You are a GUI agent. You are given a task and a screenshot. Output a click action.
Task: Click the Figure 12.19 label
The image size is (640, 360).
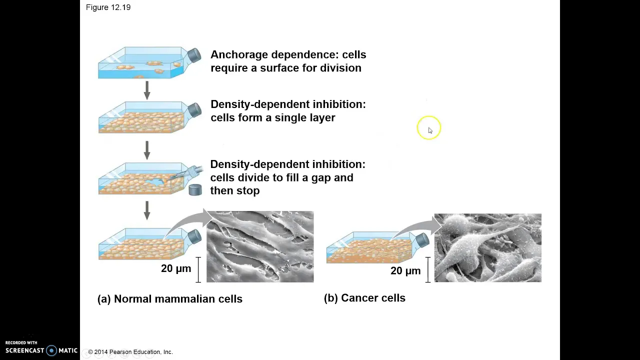[108, 7]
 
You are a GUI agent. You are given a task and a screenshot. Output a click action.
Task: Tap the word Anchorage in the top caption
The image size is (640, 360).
[239, 55]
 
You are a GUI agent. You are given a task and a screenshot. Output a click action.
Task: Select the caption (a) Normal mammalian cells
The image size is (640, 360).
[169, 299]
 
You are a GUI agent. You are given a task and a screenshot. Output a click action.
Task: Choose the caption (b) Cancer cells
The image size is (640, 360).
[364, 298]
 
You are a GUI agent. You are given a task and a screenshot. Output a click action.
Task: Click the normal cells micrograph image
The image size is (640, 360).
[260, 246]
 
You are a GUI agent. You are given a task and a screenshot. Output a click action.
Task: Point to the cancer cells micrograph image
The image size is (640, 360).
[487, 247]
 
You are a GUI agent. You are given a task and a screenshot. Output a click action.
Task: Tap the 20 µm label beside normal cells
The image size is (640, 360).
[176, 268]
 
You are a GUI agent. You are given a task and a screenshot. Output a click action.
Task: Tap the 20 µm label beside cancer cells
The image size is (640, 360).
[405, 271]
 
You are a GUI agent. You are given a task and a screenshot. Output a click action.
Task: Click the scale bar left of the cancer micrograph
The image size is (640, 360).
[427, 269]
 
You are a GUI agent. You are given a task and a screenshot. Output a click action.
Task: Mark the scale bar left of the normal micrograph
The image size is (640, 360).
[198, 269]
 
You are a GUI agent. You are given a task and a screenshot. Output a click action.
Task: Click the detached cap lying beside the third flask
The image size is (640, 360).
[195, 190]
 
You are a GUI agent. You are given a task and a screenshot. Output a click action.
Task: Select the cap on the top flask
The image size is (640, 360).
[194, 55]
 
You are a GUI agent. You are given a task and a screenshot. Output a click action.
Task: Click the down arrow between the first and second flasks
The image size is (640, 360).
[147, 90]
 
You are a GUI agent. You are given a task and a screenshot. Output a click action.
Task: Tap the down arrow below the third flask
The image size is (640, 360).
[147, 210]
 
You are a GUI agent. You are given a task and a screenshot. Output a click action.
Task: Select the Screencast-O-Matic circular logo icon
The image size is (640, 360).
[51, 350]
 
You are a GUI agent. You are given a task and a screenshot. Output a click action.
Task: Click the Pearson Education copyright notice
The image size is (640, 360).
[130, 352]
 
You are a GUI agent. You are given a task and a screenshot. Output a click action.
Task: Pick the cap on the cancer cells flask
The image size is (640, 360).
[422, 240]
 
